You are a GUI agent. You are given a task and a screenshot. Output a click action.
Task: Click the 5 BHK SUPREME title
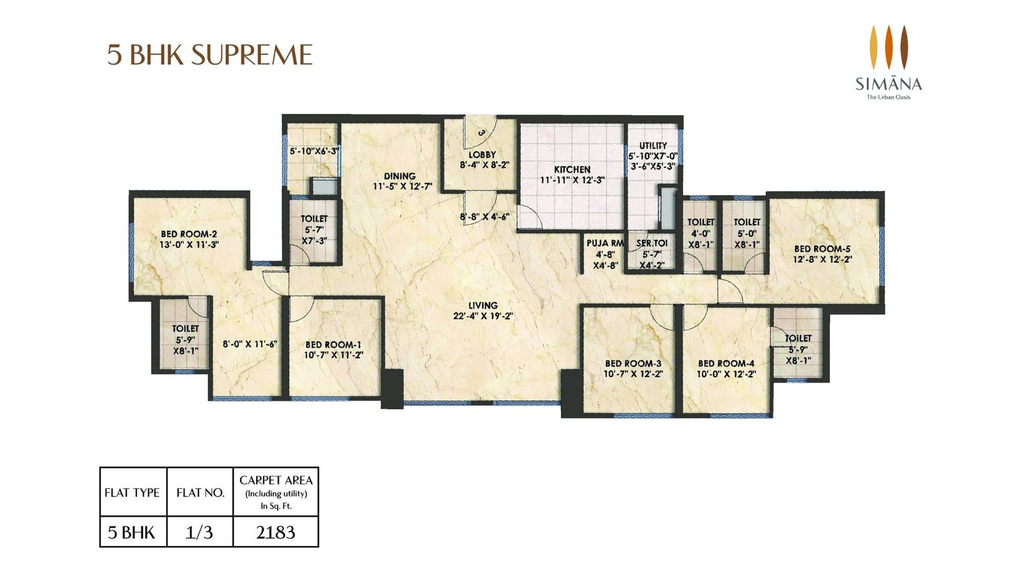210,56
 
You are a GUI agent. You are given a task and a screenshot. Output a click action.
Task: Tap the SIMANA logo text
889,84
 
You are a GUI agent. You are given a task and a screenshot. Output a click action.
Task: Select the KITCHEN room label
572,170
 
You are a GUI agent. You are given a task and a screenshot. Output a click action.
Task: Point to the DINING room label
399,176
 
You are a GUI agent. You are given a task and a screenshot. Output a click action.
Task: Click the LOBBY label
482,155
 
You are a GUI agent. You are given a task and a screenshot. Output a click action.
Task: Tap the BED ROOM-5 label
822,249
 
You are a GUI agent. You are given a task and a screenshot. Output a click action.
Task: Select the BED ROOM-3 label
632,364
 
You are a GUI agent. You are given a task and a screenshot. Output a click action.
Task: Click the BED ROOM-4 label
726,364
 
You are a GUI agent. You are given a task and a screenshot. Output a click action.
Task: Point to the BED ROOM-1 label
333,345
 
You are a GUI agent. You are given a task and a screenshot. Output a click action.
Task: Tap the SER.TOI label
652,243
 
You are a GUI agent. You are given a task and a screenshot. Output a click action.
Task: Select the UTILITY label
653,146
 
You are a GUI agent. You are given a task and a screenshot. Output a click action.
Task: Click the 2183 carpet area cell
276,533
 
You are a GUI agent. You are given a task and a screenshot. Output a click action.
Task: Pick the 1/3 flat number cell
200,533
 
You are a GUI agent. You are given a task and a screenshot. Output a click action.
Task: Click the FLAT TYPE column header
132,493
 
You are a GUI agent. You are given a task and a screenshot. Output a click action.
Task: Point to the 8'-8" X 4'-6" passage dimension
485,217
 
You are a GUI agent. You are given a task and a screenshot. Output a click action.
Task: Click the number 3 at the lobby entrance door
482,133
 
